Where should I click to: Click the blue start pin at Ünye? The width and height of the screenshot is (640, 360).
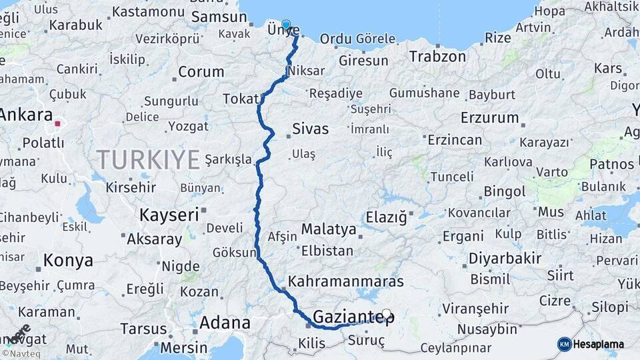pos(286,25)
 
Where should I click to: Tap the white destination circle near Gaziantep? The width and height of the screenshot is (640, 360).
pos(386,313)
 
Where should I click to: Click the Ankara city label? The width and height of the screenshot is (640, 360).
pos(26,114)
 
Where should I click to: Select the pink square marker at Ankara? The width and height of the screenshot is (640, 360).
pos(57,123)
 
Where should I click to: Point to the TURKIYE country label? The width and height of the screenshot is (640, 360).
pos(148,160)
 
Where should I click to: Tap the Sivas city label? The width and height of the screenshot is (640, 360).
pos(310,129)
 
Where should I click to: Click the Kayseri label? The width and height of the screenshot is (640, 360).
pos(169,215)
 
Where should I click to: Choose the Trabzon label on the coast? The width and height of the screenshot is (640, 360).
pos(437,56)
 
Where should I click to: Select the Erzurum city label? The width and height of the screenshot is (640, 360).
pos(489,118)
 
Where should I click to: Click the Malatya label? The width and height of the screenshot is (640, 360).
pos(329,229)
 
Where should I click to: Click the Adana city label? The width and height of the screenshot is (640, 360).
pos(224,323)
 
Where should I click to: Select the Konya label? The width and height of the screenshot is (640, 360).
pos(68,261)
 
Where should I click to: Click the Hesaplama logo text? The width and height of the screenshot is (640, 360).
pos(602,344)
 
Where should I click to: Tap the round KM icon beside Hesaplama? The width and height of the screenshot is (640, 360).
pos(565,344)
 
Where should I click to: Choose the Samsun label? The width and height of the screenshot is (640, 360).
pos(209,17)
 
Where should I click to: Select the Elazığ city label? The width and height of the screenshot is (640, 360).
pos(386,217)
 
